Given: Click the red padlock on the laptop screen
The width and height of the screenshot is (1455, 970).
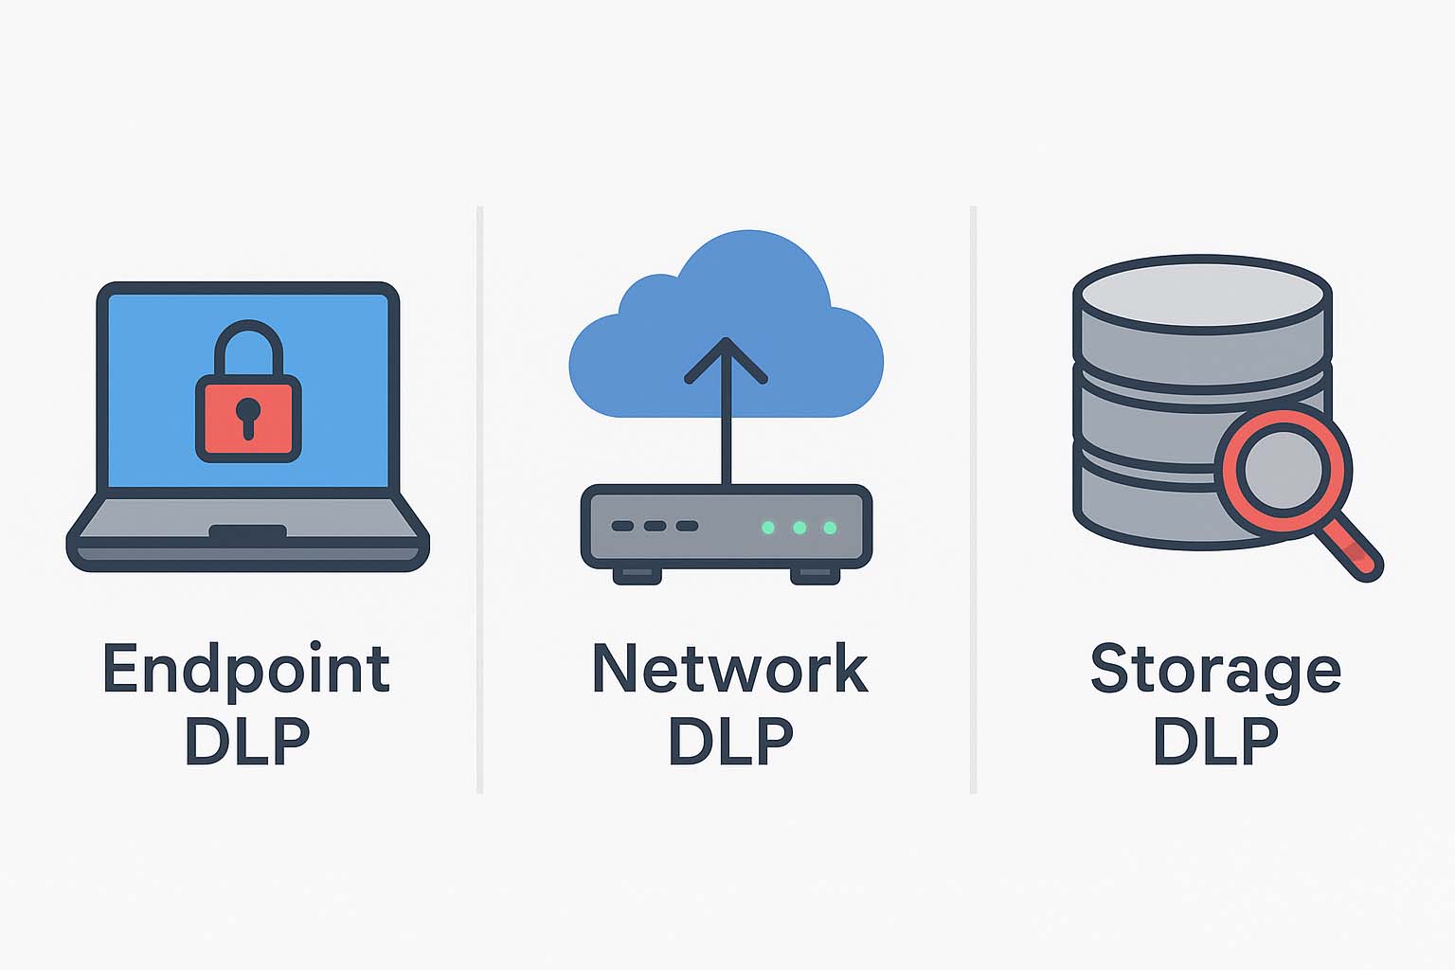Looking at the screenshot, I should pyautogui.click(x=248, y=417).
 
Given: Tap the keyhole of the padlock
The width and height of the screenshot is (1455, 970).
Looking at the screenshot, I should pyautogui.click(x=248, y=414).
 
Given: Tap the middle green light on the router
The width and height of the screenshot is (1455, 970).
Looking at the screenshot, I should pyautogui.click(x=799, y=528).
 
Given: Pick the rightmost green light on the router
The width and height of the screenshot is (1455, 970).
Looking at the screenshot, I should pyautogui.click(x=830, y=528).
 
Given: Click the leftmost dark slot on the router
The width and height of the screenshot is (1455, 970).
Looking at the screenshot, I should pyautogui.click(x=622, y=526).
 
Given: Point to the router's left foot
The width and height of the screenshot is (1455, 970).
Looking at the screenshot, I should pyautogui.click(x=637, y=575).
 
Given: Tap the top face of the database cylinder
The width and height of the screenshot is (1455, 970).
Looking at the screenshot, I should pyautogui.click(x=1202, y=293).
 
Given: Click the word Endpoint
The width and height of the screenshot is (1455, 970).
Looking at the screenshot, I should pyautogui.click(x=246, y=671).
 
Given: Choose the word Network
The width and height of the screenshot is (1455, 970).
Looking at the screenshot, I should pyautogui.click(x=729, y=669).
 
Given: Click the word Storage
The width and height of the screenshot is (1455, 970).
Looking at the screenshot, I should pyautogui.click(x=1215, y=671).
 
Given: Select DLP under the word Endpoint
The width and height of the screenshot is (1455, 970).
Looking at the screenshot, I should pyautogui.click(x=247, y=741).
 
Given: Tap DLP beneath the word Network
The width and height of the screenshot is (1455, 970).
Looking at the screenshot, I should pyautogui.click(x=730, y=741).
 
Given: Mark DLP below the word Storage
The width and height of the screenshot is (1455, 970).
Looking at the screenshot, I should pyautogui.click(x=1215, y=741).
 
